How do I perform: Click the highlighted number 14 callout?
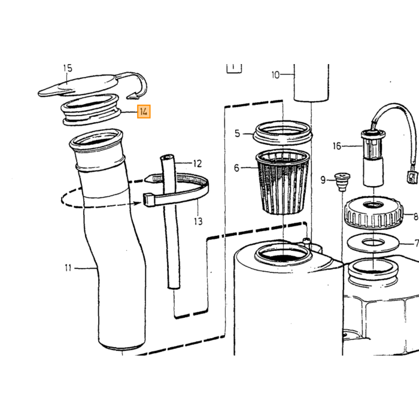pos(144,111)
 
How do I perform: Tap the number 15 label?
pos(68,68)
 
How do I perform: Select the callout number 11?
pos(68,268)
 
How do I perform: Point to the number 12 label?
pos(197,163)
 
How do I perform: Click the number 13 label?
pos(198,221)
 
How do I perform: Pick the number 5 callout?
pos(237,133)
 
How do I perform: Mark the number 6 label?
pos(236,168)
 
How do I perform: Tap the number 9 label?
pos(323,180)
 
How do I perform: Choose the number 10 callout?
pos(275,75)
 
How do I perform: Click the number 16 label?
pos(337,146)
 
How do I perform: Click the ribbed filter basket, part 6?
pos(283,182)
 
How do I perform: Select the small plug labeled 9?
pos(342,181)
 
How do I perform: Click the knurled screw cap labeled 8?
pos(374,212)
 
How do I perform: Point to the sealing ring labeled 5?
pos(283,132)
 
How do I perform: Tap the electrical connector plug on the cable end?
pos(412,177)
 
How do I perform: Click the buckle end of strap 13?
pos(149,200)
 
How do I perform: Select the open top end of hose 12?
pos(167,158)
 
